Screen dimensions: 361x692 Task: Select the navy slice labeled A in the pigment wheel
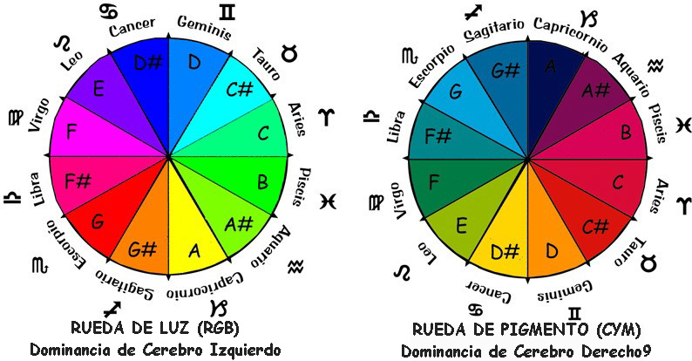coord(550,67)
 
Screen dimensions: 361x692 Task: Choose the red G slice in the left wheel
coord(98,221)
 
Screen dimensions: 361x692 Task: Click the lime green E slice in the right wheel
coord(462,227)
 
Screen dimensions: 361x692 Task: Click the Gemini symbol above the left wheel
coord(227,11)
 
